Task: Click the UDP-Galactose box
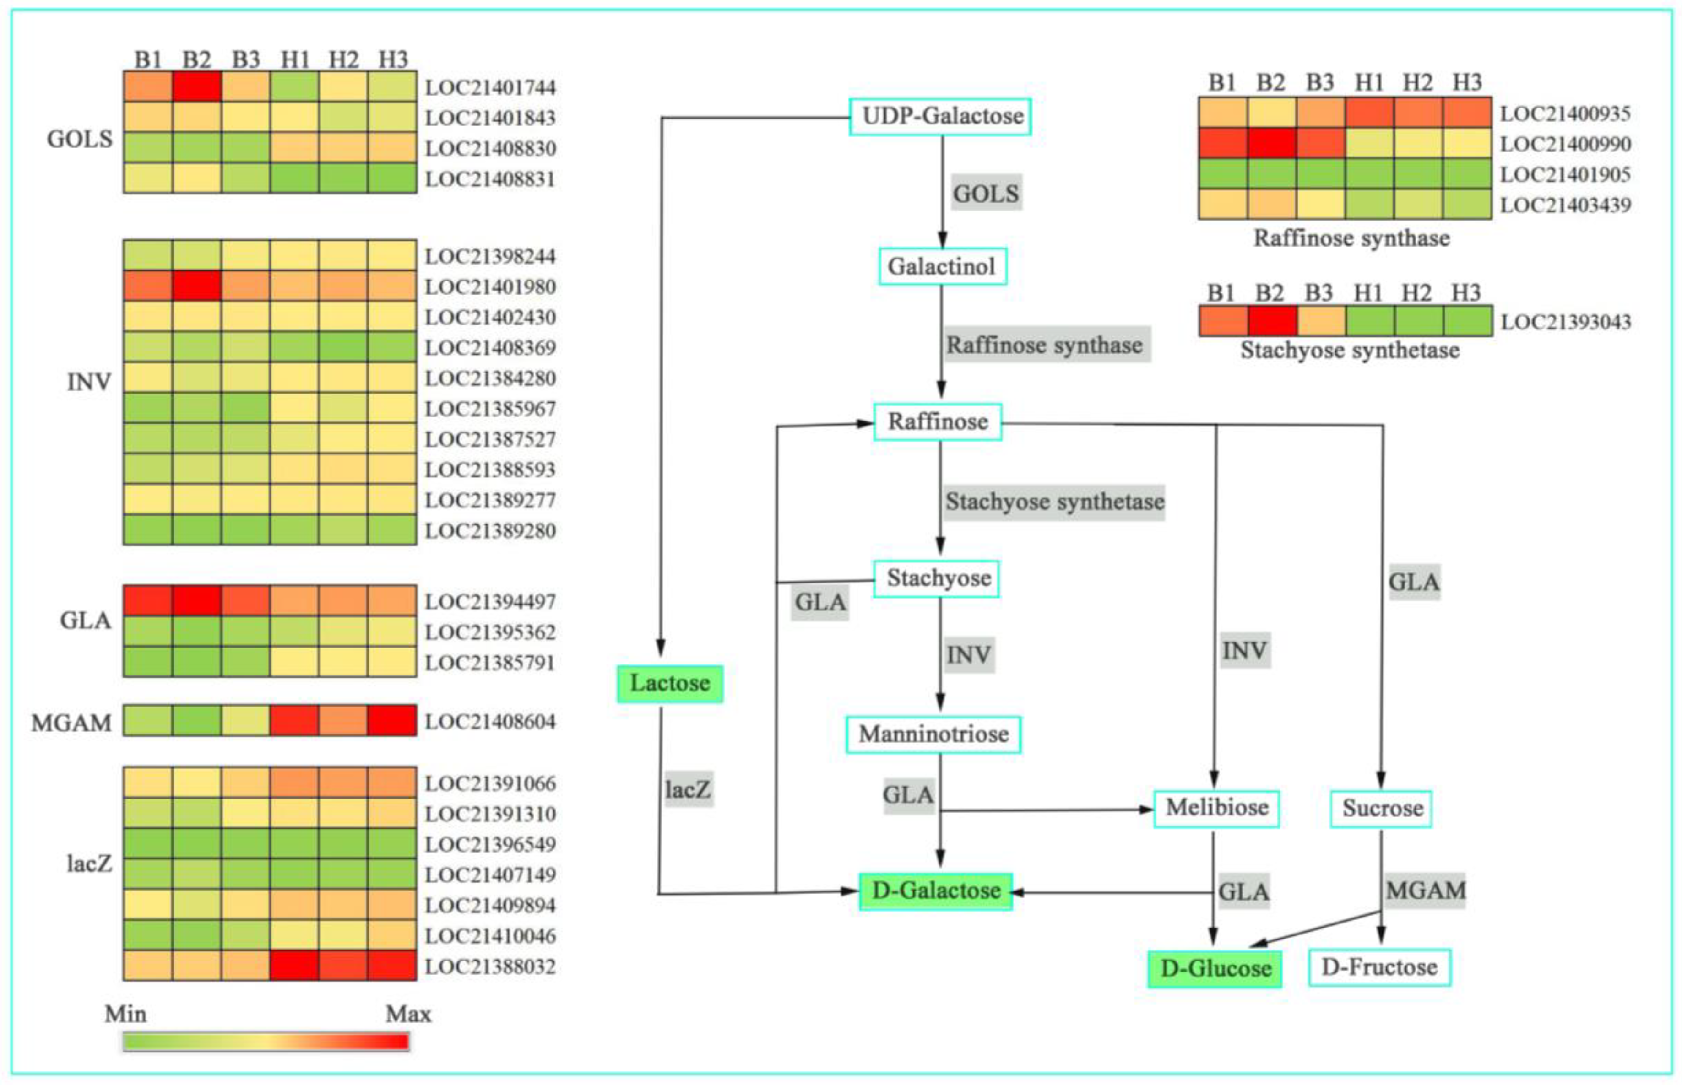(x=941, y=116)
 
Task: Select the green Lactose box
(x=669, y=683)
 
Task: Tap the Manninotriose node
(x=933, y=734)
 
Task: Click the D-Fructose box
(x=1379, y=967)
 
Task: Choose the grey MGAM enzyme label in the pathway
(x=1425, y=891)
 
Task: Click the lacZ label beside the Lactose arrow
(x=688, y=789)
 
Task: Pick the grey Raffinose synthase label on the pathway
(x=1045, y=345)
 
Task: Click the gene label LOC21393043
(x=1565, y=322)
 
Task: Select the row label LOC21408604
(x=490, y=722)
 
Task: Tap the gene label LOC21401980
(x=490, y=287)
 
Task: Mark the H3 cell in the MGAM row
(x=392, y=721)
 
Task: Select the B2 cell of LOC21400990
(x=1271, y=144)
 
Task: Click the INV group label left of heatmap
(x=89, y=382)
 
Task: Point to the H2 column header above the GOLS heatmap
(x=343, y=59)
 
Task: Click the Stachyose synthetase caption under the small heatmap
(x=1350, y=350)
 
